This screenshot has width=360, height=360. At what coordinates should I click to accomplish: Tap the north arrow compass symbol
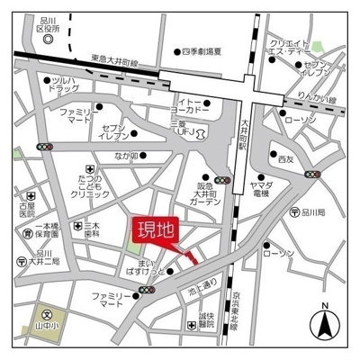tap(325, 322)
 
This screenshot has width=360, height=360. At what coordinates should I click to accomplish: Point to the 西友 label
tap(285, 159)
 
